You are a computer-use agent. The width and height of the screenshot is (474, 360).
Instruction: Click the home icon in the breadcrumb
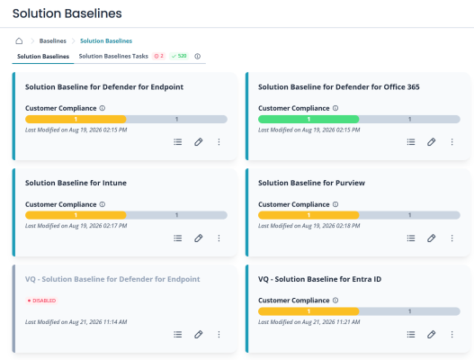[x=19, y=40]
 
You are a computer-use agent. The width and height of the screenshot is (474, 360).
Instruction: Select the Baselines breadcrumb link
[x=52, y=40]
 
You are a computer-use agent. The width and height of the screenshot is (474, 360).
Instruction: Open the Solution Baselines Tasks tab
[x=113, y=57]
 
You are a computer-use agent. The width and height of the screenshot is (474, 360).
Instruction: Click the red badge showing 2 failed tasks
[x=159, y=56]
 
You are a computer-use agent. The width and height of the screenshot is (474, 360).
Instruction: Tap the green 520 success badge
[x=179, y=56]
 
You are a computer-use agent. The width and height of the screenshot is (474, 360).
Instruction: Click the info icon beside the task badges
[x=197, y=57]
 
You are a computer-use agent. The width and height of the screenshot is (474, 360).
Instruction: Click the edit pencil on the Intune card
[x=198, y=238]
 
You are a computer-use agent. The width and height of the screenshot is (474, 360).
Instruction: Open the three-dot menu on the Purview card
[x=452, y=238]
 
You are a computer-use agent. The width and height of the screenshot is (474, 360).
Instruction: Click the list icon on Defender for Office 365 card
[x=411, y=142]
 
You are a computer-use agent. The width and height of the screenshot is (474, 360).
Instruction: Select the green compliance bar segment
[x=309, y=119]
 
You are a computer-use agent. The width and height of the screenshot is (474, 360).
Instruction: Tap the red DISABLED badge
[x=41, y=301]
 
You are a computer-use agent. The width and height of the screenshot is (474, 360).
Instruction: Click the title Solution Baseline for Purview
[x=311, y=183]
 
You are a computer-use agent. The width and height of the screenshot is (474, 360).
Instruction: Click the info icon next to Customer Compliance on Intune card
[x=103, y=204]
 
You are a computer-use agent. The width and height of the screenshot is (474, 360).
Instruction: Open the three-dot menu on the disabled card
[x=219, y=334]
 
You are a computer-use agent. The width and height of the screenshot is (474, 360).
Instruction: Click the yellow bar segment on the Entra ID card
[x=309, y=311]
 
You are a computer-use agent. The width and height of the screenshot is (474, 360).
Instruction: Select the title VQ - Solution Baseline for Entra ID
[x=319, y=279]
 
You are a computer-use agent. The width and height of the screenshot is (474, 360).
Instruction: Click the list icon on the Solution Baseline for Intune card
[x=178, y=238]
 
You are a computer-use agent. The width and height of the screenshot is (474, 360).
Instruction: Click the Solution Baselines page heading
[x=67, y=13]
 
